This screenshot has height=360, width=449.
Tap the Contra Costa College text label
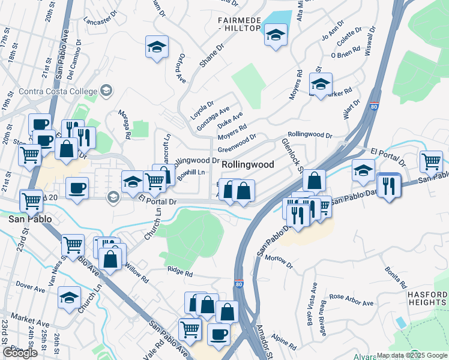pos(58,92)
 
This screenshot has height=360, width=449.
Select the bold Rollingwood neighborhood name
pos(248,164)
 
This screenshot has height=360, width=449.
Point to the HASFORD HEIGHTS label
pos(427,299)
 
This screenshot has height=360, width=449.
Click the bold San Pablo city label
pos(26,220)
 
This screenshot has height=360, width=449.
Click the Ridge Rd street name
pos(180,274)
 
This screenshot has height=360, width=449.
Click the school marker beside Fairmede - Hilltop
pos(276,35)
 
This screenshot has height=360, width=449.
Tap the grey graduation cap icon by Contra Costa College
pos(106,91)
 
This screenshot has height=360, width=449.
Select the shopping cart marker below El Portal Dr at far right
pos(431,161)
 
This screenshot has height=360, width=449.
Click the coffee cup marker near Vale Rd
pos(218,334)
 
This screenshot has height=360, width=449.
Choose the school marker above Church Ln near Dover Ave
pos(70,297)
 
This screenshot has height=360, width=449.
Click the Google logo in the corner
pos(20,353)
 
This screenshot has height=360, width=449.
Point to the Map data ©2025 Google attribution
pos(411,355)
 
